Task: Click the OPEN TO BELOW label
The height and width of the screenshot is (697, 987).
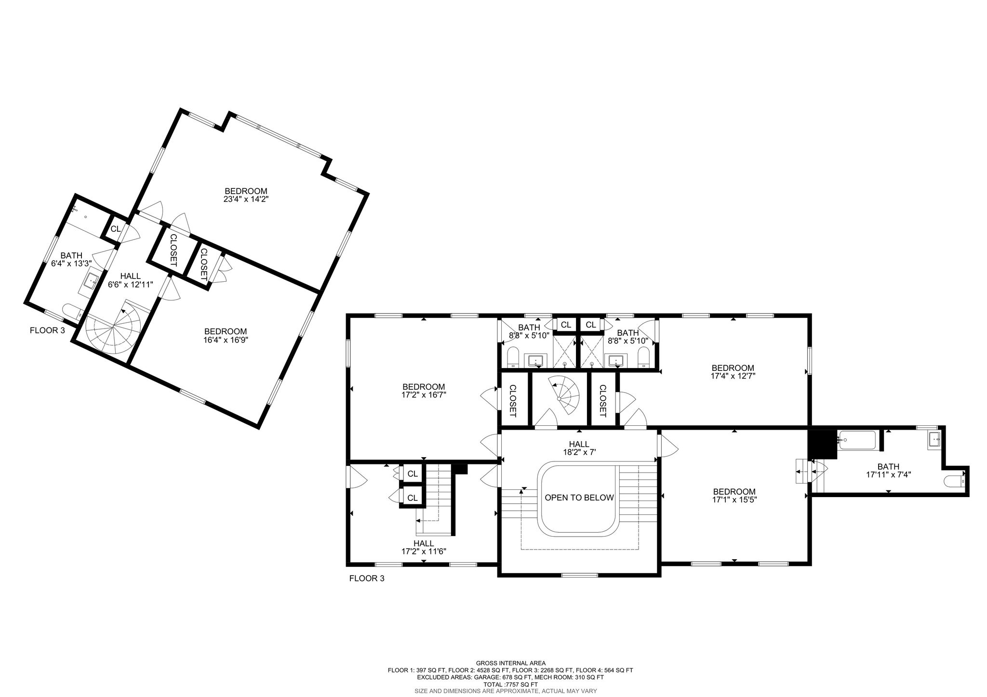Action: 579,498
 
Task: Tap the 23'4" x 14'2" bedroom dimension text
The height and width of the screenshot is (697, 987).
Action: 245,199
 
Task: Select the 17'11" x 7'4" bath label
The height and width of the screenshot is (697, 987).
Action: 888,470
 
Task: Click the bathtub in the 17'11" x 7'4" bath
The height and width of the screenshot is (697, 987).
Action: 858,440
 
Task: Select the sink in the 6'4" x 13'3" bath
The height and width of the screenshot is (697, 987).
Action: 91,280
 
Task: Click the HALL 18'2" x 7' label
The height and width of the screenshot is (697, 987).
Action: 579,448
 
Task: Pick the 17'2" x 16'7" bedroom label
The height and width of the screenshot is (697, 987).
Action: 424,390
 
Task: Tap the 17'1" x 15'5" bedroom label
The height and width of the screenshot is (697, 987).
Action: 734,496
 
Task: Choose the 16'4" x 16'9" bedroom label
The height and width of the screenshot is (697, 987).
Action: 226,336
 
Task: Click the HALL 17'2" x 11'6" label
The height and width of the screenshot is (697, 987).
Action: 424,547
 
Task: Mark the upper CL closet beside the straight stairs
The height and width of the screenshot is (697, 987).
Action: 412,474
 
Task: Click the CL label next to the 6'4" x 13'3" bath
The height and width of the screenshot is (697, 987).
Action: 115,229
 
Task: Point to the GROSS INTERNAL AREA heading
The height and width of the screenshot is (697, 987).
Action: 510,663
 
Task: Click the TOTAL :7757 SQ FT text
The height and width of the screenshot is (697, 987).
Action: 510,684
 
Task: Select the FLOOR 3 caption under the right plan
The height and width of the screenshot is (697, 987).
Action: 367,579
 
